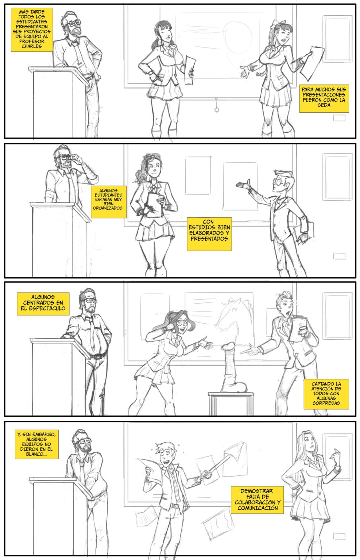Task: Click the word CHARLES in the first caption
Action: [31, 47]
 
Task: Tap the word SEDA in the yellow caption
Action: [324, 105]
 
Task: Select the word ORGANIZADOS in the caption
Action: [108, 208]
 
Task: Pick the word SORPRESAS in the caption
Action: [326, 403]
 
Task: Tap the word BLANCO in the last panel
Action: [35, 454]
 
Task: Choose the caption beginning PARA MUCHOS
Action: [324, 98]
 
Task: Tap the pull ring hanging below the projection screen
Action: [217, 109]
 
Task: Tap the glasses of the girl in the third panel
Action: [183, 323]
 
